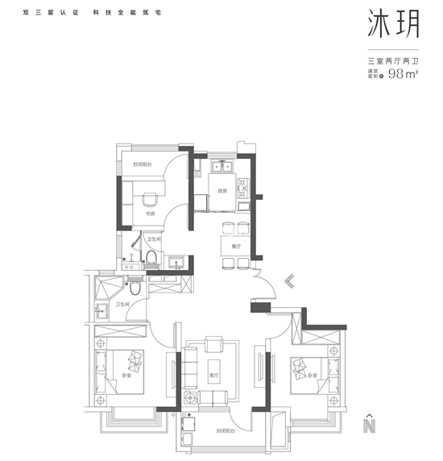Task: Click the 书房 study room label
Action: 150,214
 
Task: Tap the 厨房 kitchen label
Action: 221,191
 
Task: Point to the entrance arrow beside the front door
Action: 289,281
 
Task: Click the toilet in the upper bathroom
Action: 152,256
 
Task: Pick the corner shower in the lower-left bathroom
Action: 105,288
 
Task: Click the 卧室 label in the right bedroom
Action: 313,376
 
